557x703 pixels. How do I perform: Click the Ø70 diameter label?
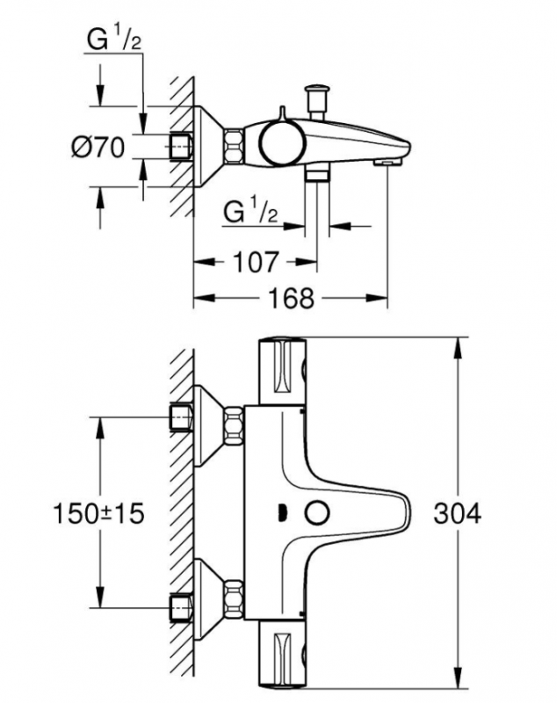pyautogui.click(x=98, y=147)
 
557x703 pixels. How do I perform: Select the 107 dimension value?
pyautogui.click(x=256, y=262)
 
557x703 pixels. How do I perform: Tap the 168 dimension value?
pyautogui.click(x=292, y=298)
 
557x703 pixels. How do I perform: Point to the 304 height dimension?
pyautogui.click(x=457, y=513)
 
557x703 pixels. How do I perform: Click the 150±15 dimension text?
pyautogui.click(x=98, y=513)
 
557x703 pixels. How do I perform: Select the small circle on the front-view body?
pyautogui.click(x=317, y=513)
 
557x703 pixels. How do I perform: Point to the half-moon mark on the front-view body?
pyautogui.click(x=282, y=513)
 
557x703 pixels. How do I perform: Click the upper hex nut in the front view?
pyautogui.click(x=233, y=425)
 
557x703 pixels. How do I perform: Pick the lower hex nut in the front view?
pyautogui.click(x=233, y=599)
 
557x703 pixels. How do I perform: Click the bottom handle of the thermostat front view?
pyautogui.click(x=282, y=654)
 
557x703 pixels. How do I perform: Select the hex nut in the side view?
pyautogui.click(x=234, y=146)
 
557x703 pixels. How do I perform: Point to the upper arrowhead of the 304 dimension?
pyautogui.click(x=458, y=348)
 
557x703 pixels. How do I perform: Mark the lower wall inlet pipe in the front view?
pyautogui.click(x=181, y=608)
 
